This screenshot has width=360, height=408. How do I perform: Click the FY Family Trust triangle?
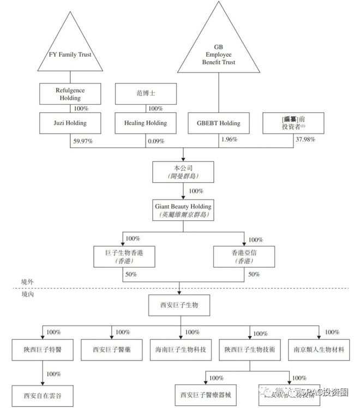(x=69, y=52)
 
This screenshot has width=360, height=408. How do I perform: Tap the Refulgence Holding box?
(x=70, y=93)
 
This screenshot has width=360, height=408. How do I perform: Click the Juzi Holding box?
(x=70, y=123)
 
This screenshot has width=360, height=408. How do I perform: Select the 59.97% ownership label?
(x=82, y=141)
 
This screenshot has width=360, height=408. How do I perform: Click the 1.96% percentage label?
(x=230, y=139)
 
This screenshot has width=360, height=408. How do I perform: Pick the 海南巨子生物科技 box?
(x=180, y=349)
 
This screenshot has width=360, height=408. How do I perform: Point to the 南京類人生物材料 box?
(x=319, y=349)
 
